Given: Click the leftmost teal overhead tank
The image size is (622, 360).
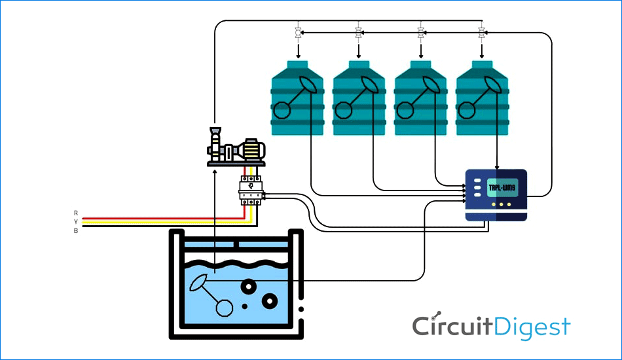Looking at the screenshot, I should click(x=298, y=98).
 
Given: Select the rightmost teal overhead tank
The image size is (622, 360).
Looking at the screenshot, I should click(x=483, y=98).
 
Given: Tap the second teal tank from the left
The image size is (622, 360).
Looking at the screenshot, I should click(x=359, y=98).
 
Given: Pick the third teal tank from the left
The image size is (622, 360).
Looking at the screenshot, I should click(x=421, y=98).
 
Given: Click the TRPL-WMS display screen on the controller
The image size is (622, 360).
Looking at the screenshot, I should click(x=502, y=189).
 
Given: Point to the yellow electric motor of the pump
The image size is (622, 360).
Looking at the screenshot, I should click(x=251, y=151).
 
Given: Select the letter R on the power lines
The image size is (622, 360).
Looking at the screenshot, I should click(x=76, y=213).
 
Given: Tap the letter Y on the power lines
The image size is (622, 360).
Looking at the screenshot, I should click(x=76, y=222).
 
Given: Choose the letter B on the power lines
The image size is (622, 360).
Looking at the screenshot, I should click(x=76, y=230).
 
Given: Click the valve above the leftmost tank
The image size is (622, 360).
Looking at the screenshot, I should click(x=298, y=31).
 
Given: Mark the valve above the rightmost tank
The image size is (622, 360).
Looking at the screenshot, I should click(x=483, y=31).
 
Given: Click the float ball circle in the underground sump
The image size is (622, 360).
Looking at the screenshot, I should click(x=224, y=308).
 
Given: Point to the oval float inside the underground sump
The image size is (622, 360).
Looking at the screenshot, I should click(x=198, y=282).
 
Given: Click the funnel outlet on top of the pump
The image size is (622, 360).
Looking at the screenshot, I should click(x=215, y=131).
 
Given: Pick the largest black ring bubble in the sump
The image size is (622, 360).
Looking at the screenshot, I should click(x=270, y=300).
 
